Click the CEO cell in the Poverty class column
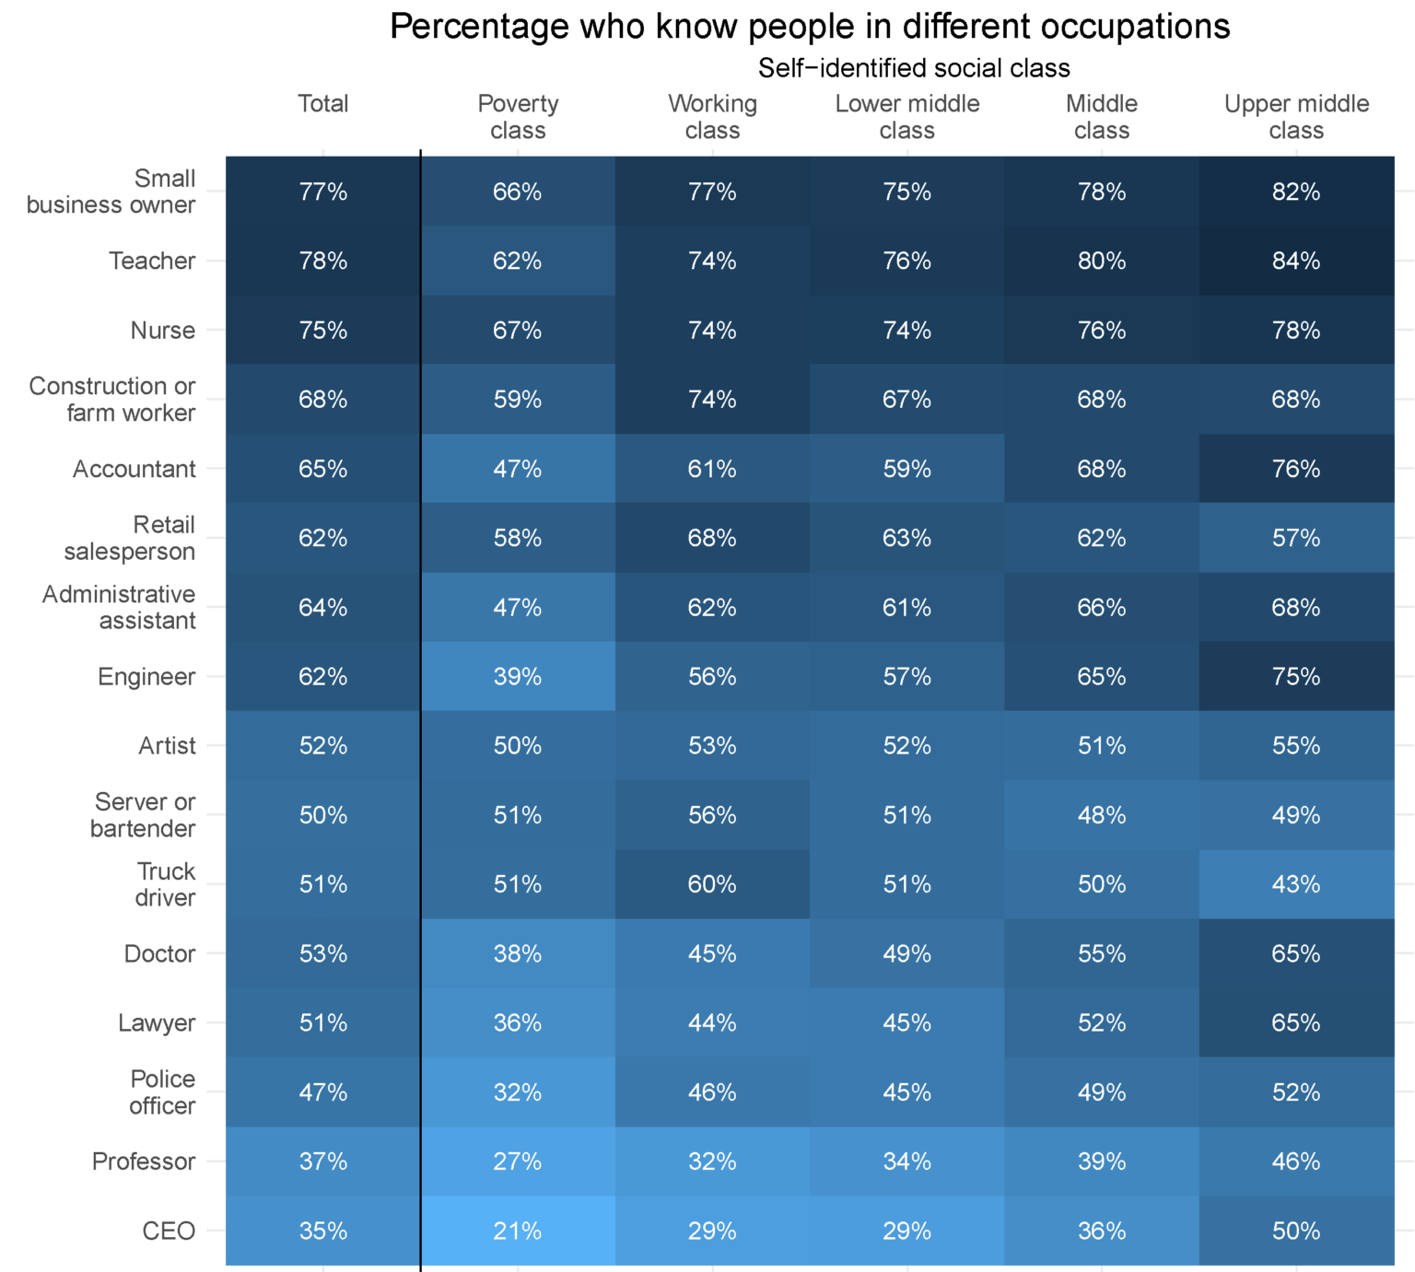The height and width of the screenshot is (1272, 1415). click(x=517, y=1231)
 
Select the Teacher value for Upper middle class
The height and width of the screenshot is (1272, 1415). click(x=1296, y=261)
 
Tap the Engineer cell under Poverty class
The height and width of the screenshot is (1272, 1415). click(x=517, y=676)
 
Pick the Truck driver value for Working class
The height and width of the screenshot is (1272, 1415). click(x=712, y=884)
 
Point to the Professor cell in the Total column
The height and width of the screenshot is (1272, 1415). click(x=322, y=1161)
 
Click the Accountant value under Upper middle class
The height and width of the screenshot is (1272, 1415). click(x=1296, y=469)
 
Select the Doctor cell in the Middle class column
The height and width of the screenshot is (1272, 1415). click(x=1102, y=953)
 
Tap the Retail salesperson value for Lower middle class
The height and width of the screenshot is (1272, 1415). click(x=906, y=538)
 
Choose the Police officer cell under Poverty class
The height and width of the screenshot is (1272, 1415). click(x=517, y=1092)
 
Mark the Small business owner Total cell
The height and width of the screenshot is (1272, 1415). click(x=322, y=192)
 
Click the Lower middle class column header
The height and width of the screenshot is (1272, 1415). click(x=906, y=117)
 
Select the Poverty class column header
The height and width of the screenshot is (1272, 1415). click(x=518, y=117)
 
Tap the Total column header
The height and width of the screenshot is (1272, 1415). click(x=322, y=103)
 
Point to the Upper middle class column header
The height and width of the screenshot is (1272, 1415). click(x=1296, y=117)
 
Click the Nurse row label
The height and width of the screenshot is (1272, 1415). click(x=163, y=330)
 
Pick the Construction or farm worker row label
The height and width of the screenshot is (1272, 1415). click(x=112, y=399)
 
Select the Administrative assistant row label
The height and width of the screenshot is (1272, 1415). click(x=119, y=607)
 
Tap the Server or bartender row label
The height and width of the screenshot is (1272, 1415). click(x=144, y=815)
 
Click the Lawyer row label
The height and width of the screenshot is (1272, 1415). click(x=157, y=1022)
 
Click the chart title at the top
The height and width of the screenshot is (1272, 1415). click(x=811, y=28)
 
